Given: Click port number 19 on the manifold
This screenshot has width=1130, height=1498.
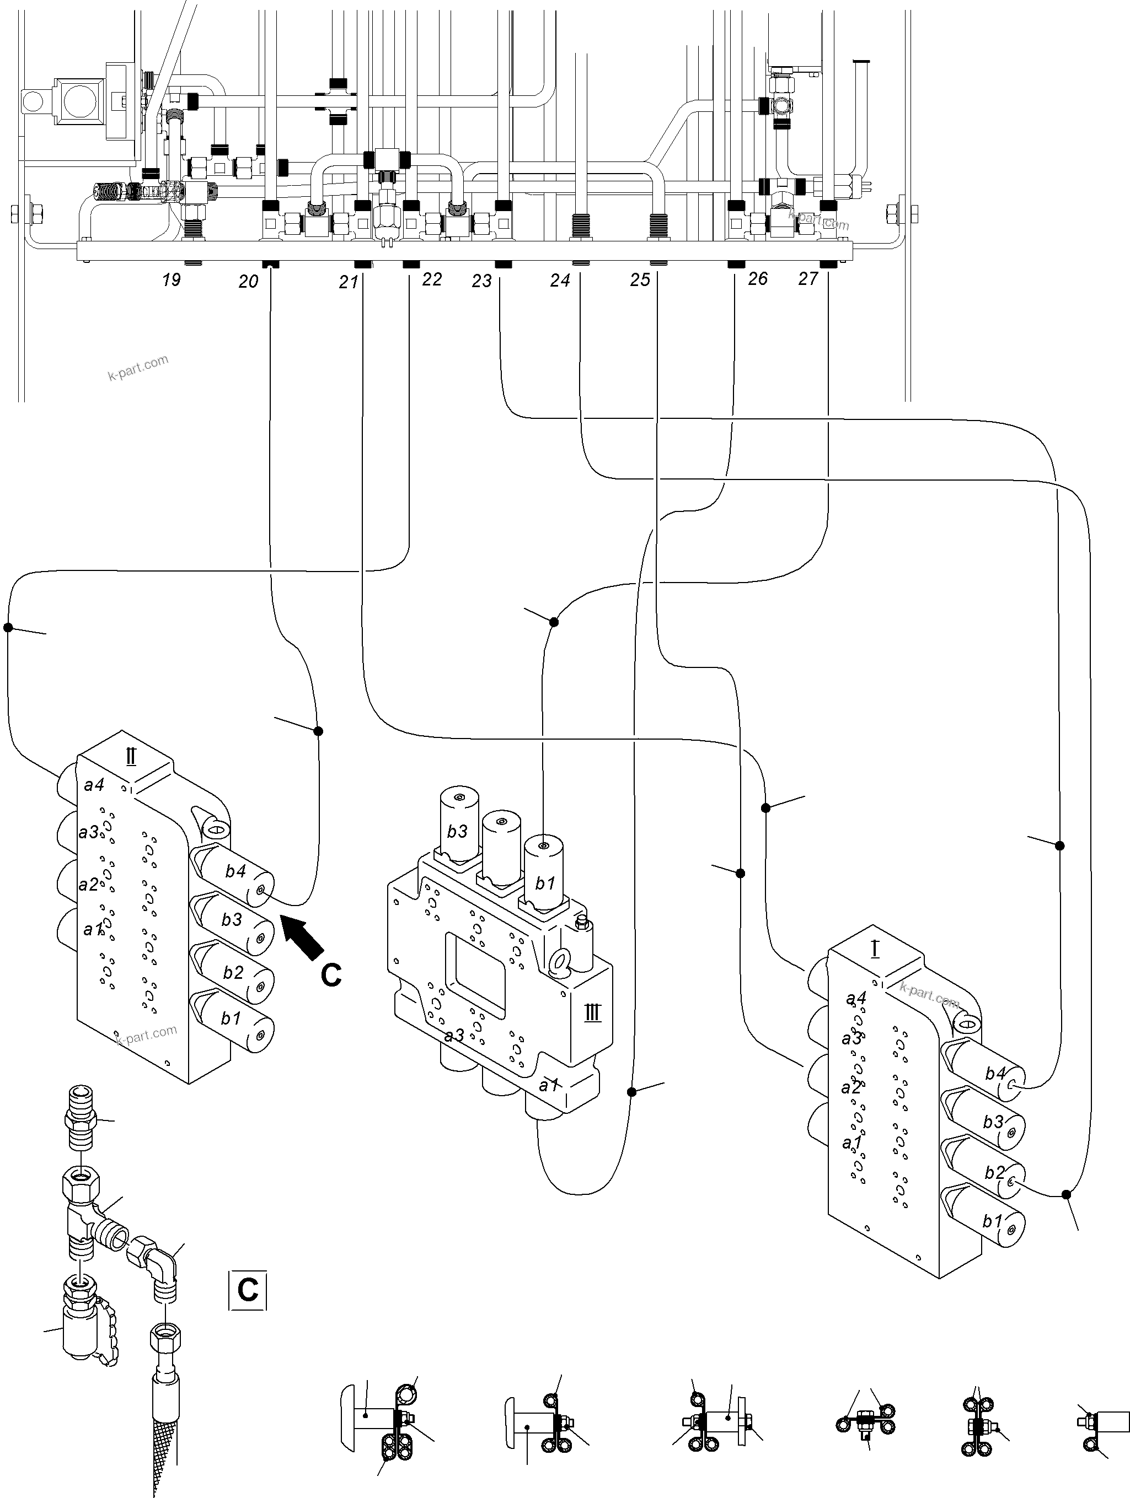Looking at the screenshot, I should [x=172, y=279].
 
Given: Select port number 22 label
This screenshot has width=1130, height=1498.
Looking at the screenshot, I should [x=432, y=279].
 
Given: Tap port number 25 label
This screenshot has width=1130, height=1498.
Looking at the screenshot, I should [x=640, y=279].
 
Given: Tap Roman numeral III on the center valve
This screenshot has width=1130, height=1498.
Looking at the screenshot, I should [x=592, y=1013].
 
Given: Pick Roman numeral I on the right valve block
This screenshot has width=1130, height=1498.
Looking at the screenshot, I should [x=875, y=950].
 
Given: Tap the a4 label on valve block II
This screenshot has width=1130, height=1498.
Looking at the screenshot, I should [x=94, y=785].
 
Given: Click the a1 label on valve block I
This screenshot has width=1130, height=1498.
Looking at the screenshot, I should [x=851, y=1143].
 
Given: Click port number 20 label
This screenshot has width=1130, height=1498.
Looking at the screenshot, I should [x=248, y=281].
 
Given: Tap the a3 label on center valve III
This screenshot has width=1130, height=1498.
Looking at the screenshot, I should [x=454, y=1036].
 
